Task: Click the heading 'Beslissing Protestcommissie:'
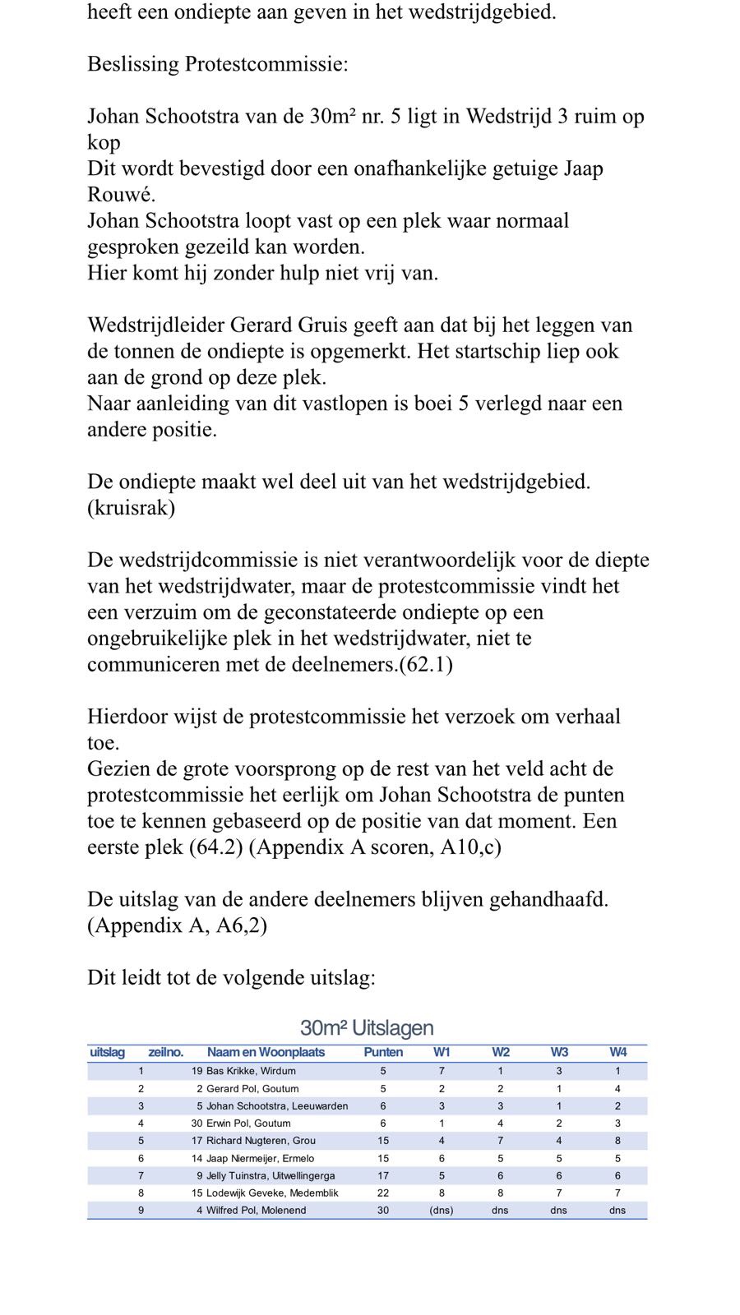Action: coord(218,64)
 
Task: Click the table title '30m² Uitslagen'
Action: coord(367,1028)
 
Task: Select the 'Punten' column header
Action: coord(383,1052)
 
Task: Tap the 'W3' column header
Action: coord(559,1052)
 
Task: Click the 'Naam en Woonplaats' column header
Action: coord(266,1052)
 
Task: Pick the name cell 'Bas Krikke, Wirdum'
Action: coord(251,1071)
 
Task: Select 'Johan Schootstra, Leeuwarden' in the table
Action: coord(277,1106)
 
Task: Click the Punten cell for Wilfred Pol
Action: coord(383,1211)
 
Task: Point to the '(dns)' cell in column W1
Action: coord(442,1211)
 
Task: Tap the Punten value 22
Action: coord(383,1193)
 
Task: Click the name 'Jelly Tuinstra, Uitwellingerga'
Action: coord(271,1176)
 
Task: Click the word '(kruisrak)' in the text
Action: coord(132,508)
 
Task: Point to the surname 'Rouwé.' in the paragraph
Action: coord(122,195)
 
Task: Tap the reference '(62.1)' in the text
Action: coord(426,664)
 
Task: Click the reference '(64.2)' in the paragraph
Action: coord(216,847)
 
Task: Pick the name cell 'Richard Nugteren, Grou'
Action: coord(261,1141)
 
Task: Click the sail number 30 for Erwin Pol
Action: coord(197,1124)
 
